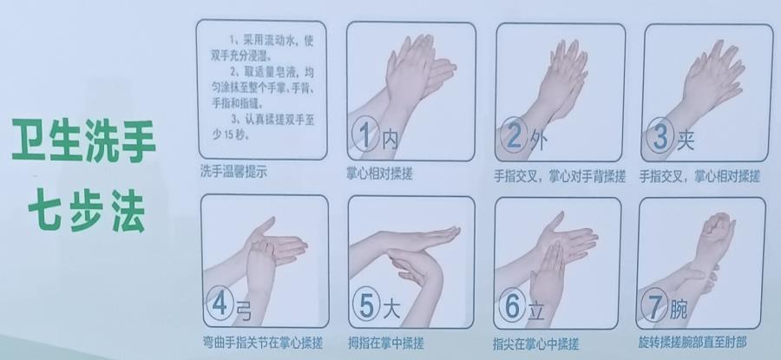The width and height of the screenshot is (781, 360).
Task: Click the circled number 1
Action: coord(365,135)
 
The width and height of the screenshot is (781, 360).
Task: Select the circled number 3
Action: coord(660,135)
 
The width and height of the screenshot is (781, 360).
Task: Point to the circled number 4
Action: coord(220,303)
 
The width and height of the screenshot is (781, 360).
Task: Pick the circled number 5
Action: coord(366,304)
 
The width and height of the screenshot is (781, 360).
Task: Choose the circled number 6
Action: coord(512,305)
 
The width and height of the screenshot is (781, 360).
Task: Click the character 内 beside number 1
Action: coord(390,140)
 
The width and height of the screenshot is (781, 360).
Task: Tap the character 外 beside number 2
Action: coord(538,141)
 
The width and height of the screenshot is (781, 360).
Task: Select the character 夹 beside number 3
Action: coord(686,141)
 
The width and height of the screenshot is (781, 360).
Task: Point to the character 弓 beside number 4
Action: coord(244,311)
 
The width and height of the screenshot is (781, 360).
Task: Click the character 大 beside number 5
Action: coord(391,310)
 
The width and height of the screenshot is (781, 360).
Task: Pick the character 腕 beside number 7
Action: coord(679,310)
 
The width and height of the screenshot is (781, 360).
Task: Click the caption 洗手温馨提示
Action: coord(233,172)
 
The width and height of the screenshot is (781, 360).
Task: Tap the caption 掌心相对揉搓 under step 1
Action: coord(379,173)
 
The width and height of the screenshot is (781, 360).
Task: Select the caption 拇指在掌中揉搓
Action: coord(386,343)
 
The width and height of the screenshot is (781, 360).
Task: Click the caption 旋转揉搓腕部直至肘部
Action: coord(692,342)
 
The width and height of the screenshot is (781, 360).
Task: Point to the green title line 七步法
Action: coord(87,211)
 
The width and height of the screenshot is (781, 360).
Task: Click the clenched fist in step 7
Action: coord(718,227)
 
